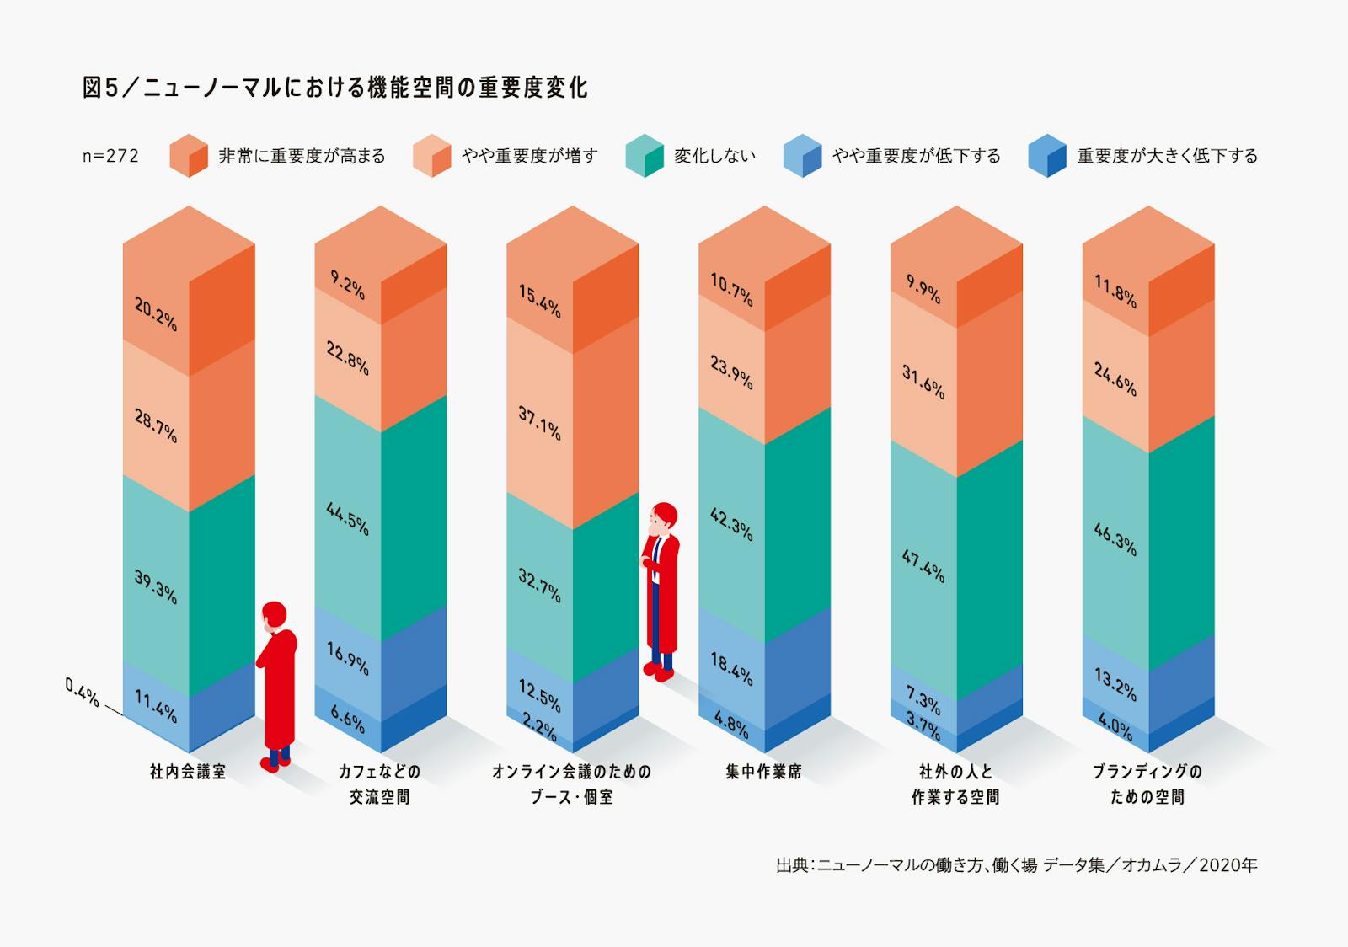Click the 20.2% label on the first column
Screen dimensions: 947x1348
click(x=156, y=313)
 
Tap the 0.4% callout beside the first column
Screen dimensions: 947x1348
click(x=82, y=693)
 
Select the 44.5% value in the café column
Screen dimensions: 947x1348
click(x=347, y=518)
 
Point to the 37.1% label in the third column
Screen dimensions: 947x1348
click(x=539, y=422)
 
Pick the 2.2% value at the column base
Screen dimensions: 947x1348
click(x=539, y=727)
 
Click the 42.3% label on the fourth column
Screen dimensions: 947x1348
click(x=731, y=523)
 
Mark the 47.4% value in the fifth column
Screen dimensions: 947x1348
click(x=923, y=566)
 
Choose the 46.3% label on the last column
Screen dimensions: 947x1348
click(x=1115, y=539)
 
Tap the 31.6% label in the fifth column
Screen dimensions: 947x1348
click(x=923, y=382)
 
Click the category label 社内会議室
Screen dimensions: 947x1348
click(x=188, y=772)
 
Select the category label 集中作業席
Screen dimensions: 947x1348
click(x=763, y=772)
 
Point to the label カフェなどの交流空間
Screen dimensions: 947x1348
click(x=380, y=784)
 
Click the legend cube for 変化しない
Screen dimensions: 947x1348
click(x=645, y=155)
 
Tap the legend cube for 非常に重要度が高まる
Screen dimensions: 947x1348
click(x=189, y=155)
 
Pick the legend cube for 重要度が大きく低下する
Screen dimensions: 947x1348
click(x=1047, y=155)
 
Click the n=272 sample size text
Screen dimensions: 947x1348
click(x=110, y=156)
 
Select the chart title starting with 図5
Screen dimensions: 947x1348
click(x=335, y=88)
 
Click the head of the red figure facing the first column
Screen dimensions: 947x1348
click(x=274, y=615)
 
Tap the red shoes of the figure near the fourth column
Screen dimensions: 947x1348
click(x=658, y=671)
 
